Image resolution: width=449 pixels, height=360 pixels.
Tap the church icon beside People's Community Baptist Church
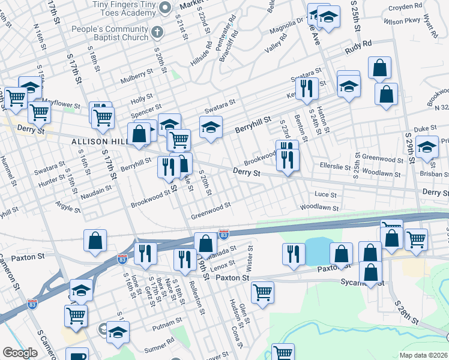(157, 32)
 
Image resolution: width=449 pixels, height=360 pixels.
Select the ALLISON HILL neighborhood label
(97, 142)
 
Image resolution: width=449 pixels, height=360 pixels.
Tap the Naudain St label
(97, 190)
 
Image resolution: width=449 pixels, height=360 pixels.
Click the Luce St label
(325, 195)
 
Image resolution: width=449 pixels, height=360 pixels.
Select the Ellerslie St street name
(334, 163)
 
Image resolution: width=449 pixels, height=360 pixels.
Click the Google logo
(20, 352)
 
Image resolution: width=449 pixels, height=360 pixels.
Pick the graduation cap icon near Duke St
(427, 148)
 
